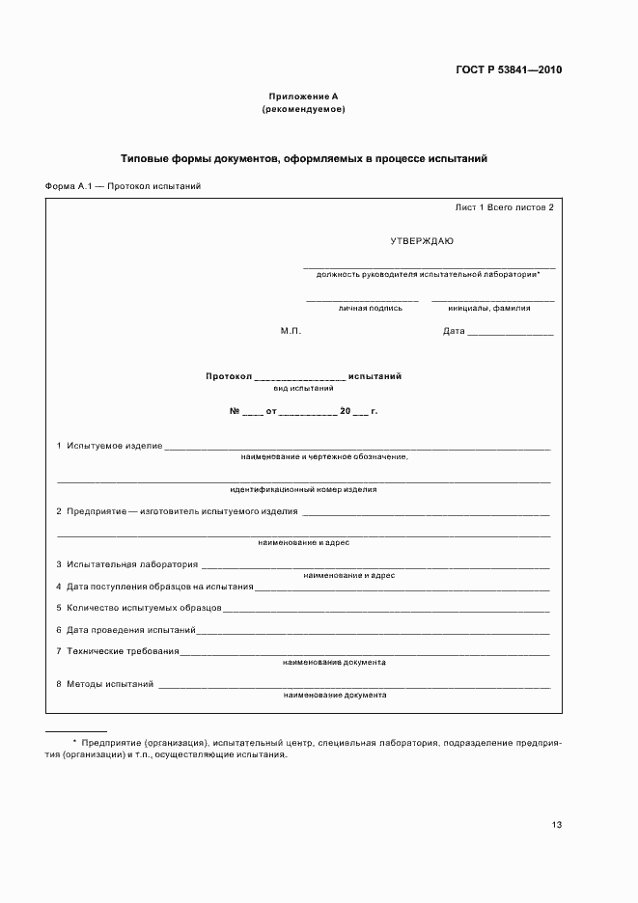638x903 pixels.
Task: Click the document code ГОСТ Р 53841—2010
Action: (x=509, y=69)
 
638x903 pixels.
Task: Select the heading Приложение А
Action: (x=303, y=96)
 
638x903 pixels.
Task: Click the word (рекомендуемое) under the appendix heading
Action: (x=303, y=109)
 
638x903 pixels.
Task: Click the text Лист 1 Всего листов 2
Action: (x=504, y=207)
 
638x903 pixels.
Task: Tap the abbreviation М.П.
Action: (x=291, y=331)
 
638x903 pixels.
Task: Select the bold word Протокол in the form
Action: (x=228, y=376)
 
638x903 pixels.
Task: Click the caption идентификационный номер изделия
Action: (x=303, y=489)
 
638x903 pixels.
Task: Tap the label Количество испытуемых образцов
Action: (x=145, y=608)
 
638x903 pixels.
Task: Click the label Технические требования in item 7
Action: (x=123, y=651)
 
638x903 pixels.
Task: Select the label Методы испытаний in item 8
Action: (x=111, y=684)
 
